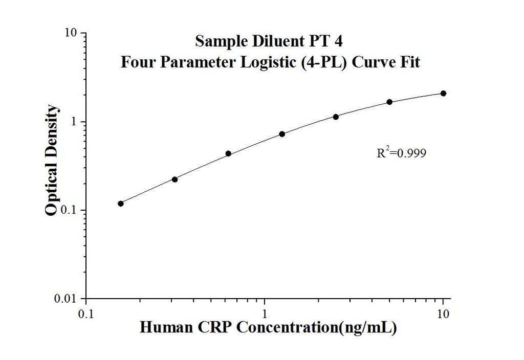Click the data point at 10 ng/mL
[443, 93]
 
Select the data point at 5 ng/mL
[389, 102]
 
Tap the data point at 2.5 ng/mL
[336, 117]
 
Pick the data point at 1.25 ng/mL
[282, 134]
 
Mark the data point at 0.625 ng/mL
[228, 153]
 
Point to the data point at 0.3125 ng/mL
[174, 179]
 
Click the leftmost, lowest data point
[121, 204]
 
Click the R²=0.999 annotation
[401, 152]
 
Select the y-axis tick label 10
[72, 33]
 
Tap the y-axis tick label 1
[75, 122]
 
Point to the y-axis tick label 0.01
[68, 299]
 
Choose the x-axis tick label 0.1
[85, 313]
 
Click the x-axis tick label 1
[265, 313]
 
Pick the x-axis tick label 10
[443, 313]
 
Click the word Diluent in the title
[264, 40]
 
